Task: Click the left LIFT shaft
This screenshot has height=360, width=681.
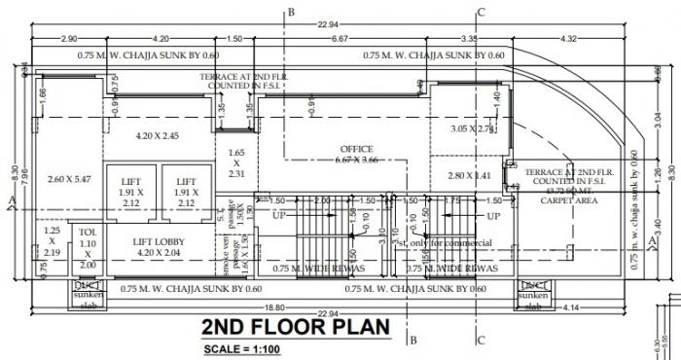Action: pos(131,192)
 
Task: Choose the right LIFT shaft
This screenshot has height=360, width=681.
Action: pos(186,192)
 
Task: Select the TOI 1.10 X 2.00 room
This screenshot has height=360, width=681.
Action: pos(88,247)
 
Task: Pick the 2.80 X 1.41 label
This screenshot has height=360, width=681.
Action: pos(468,176)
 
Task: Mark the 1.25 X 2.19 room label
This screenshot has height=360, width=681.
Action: pos(52,241)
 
